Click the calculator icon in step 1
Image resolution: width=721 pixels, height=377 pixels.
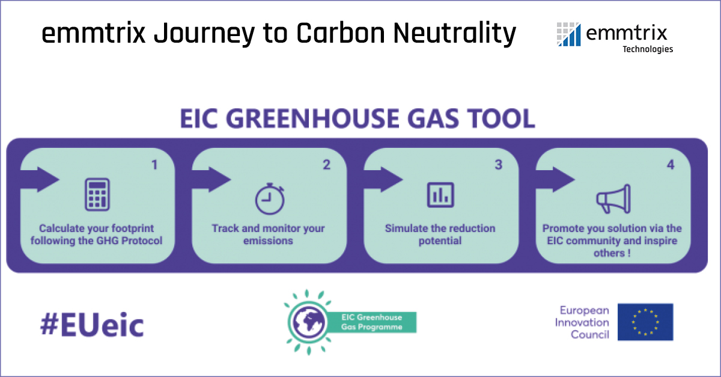pos(97,194)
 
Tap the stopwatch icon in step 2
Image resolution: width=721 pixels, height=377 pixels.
pos(269,198)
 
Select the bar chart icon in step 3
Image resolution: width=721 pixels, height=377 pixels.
pos(440,194)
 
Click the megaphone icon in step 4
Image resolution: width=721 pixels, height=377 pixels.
pos(612,198)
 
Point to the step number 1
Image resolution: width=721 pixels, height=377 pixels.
pos(154,164)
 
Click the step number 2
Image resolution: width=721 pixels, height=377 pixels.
pos(326,164)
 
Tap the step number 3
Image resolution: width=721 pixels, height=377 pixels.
pos(498,164)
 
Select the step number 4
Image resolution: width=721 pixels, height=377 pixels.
pos(671,164)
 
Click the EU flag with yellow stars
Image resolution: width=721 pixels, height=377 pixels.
pos(645,322)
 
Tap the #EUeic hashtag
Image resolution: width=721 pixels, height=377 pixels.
pos(92,325)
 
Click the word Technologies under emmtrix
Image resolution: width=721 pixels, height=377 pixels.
pos(647,49)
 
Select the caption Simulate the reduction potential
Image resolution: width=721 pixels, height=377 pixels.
pos(440,234)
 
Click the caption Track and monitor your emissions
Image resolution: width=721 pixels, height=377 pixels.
pos(268,234)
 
